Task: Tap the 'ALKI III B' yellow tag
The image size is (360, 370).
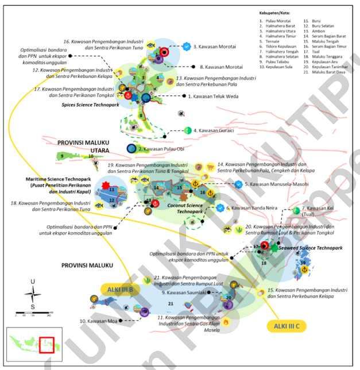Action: pyautogui.click(x=119, y=289)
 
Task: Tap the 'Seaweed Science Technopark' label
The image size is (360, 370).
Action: pyautogui.click(x=310, y=248)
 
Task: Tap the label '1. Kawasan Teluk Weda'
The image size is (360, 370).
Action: pyautogui.click(x=216, y=97)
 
